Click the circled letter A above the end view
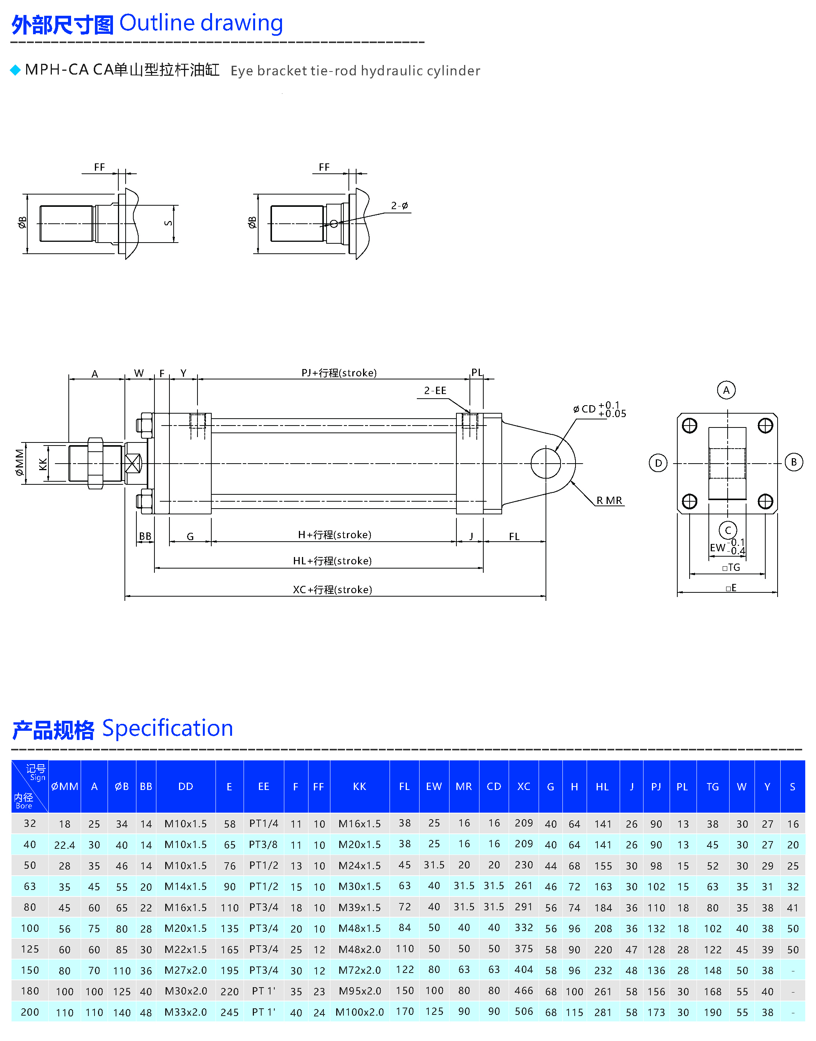pyautogui.click(x=726, y=390)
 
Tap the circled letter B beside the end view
pyautogui.click(x=794, y=462)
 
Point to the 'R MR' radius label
pyautogui.click(x=609, y=501)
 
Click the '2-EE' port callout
pyautogui.click(x=435, y=391)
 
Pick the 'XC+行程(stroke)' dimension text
pyautogui.click(x=333, y=589)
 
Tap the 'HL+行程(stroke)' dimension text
pyautogui.click(x=333, y=560)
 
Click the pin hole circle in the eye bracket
pyautogui.click(x=546, y=463)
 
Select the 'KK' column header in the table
pyautogui.click(x=359, y=786)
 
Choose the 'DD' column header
pyautogui.click(x=186, y=786)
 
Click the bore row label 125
pyautogui.click(x=30, y=949)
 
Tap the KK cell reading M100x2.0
pyautogui.click(x=359, y=1012)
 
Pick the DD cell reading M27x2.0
pyautogui.click(x=186, y=970)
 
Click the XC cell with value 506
pyautogui.click(x=524, y=1011)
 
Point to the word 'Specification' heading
pyautogui.click(x=167, y=728)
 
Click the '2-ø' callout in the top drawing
pyautogui.click(x=400, y=206)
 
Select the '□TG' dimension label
pyautogui.click(x=731, y=567)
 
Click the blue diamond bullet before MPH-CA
pyautogui.click(x=15, y=70)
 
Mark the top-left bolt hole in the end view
pyautogui.click(x=689, y=426)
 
